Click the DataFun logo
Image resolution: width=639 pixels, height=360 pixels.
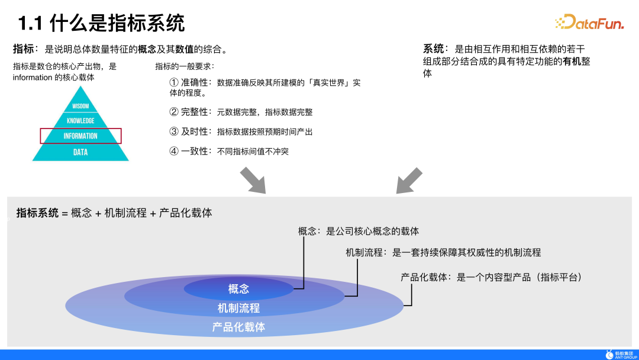[588, 22]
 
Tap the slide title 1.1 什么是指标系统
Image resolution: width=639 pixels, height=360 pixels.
[101, 23]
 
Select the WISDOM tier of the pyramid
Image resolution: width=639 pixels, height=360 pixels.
[80, 107]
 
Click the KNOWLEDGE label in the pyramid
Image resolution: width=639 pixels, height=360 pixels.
[80, 121]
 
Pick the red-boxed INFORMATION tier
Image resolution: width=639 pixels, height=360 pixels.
[80, 136]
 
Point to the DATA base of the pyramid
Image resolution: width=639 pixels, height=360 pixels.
[80, 152]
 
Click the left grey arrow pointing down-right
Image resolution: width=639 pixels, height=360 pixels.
[253, 181]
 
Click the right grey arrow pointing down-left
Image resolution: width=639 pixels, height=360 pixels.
[409, 181]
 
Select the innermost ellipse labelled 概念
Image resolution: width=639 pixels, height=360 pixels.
[238, 289]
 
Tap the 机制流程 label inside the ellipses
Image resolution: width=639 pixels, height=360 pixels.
[238, 308]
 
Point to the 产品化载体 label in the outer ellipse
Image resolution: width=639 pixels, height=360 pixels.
[238, 327]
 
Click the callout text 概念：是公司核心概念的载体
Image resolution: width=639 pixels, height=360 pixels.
[359, 232]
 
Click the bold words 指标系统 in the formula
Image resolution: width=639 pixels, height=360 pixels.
[37, 213]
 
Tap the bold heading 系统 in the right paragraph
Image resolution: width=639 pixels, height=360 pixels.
[434, 49]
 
